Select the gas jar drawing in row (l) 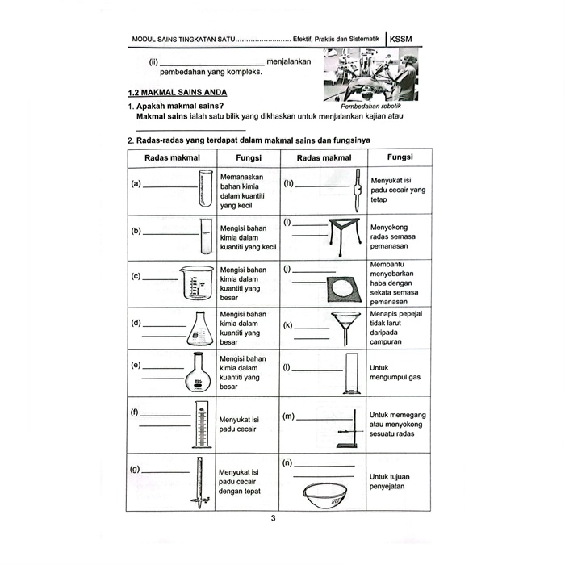[351, 374]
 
